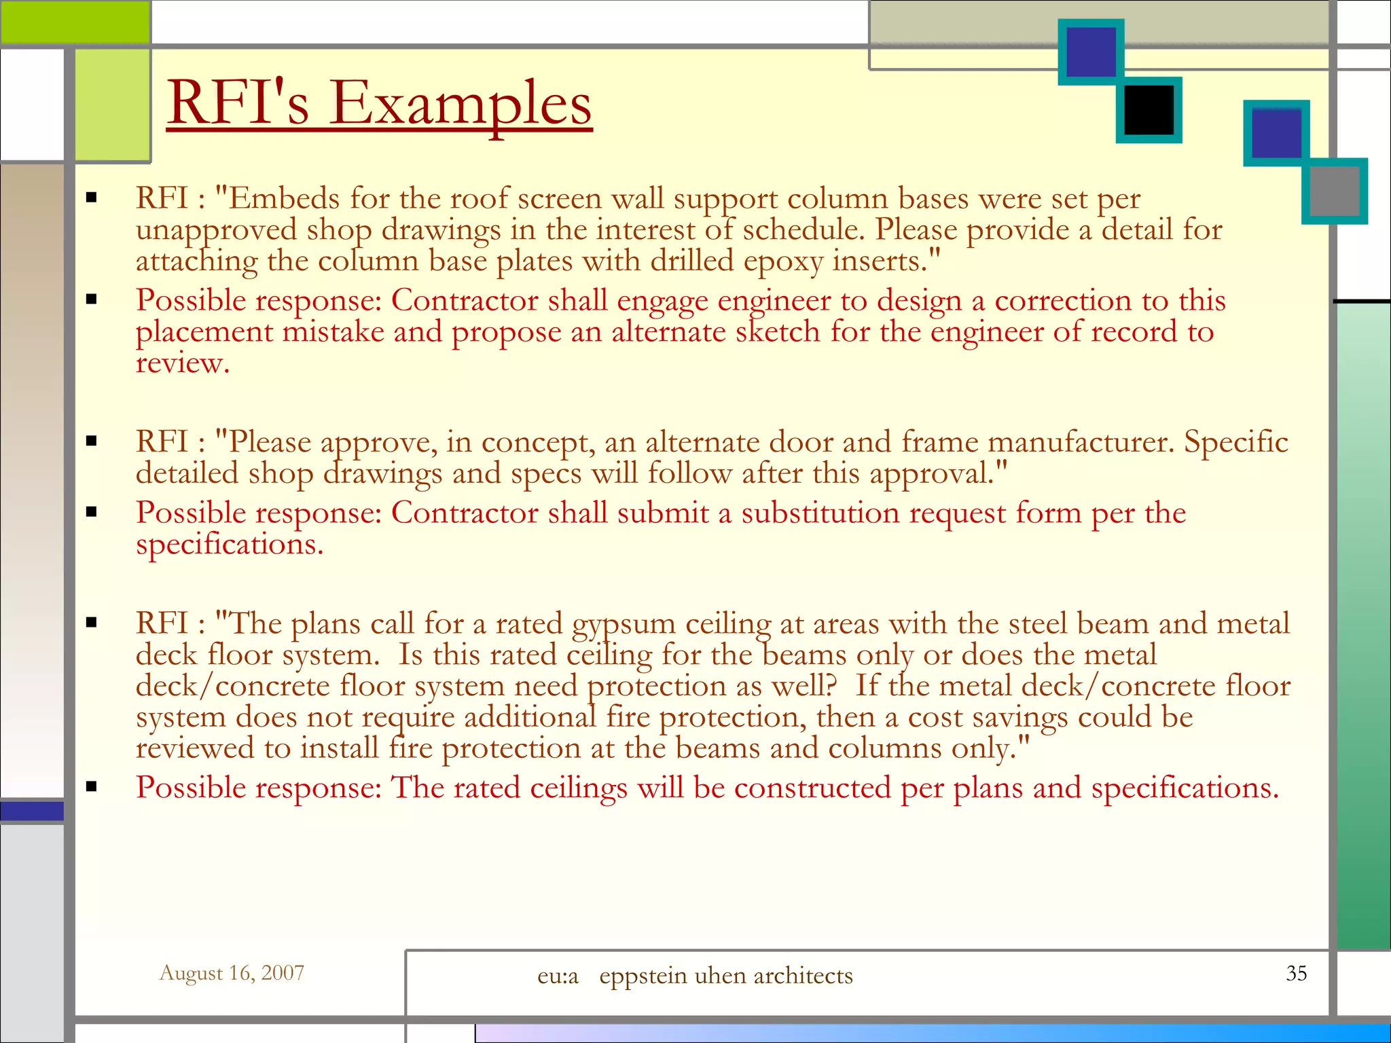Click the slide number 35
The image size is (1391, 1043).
click(1296, 973)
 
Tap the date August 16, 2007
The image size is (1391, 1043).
click(232, 973)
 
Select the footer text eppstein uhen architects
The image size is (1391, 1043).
click(725, 976)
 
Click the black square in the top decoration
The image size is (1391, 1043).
click(1149, 110)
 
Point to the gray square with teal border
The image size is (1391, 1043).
click(1334, 191)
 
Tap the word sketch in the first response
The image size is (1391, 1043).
click(778, 332)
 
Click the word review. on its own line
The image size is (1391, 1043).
click(182, 363)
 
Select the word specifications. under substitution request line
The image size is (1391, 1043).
click(230, 545)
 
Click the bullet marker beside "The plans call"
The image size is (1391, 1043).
click(92, 623)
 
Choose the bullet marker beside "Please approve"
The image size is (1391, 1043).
click(92, 441)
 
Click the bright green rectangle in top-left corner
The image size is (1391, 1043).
click(75, 22)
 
